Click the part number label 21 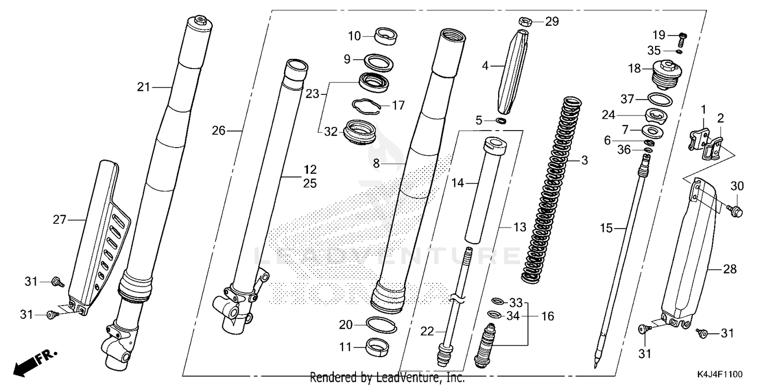click(143, 87)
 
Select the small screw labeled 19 click(681, 38)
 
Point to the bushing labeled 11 click(380, 347)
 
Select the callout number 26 click(219, 131)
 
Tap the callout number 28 click(730, 269)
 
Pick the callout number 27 click(59, 220)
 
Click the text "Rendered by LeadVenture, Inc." click(387, 378)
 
